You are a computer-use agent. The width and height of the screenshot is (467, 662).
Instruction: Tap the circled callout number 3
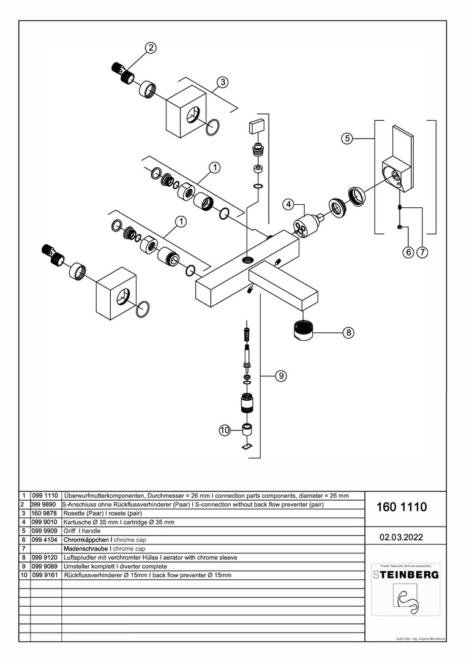pos(222,82)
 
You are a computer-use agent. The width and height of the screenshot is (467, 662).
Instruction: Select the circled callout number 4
pos(288,204)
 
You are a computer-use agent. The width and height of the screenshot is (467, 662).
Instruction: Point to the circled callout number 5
pos(347,139)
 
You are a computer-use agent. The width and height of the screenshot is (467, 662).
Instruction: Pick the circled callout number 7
pos(421,251)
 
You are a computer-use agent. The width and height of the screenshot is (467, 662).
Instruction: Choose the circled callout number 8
pos(348,333)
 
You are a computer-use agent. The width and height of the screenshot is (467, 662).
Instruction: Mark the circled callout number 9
pos(280,376)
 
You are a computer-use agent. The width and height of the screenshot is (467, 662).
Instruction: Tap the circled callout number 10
pos(224,430)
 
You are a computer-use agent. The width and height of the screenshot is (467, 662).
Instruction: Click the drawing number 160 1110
pos(402,508)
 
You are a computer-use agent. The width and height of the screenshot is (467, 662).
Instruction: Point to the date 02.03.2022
pos(401,537)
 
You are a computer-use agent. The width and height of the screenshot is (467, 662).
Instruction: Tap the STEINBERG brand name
pos(406,575)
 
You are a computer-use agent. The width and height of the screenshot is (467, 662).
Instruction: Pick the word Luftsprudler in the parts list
pos(81,558)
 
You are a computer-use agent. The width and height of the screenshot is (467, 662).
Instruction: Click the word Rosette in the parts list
pos(76,513)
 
